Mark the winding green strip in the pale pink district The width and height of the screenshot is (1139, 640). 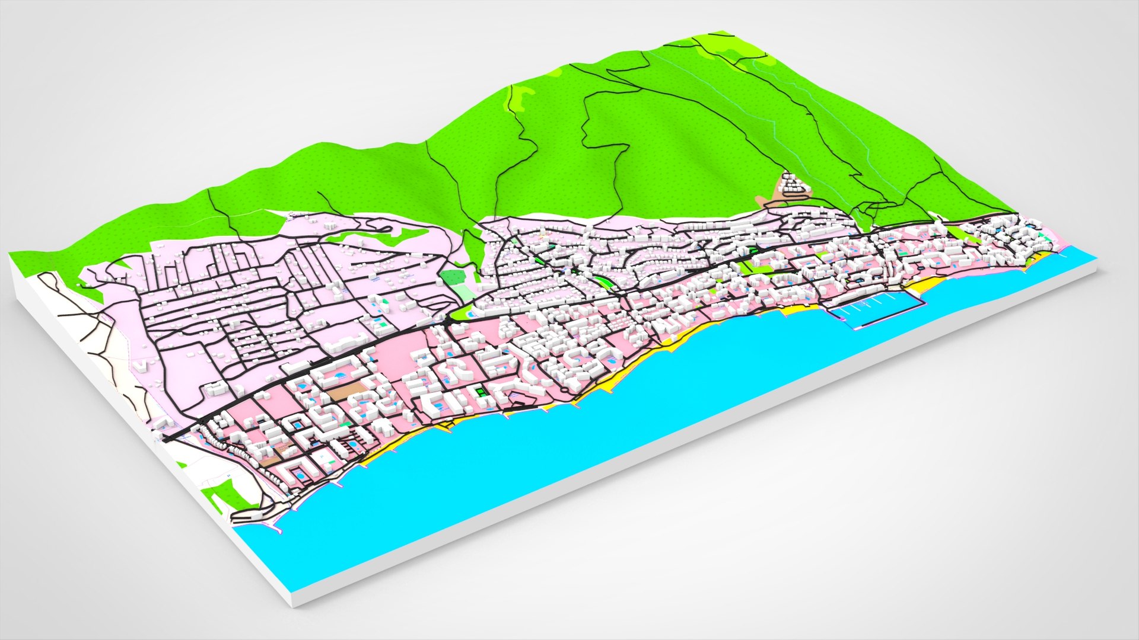tap(386, 237)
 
